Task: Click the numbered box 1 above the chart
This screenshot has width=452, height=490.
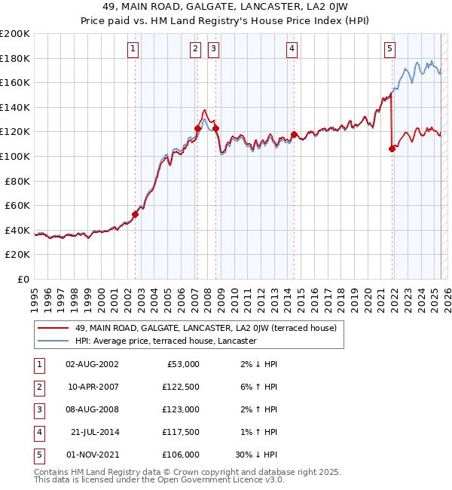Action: point(133,50)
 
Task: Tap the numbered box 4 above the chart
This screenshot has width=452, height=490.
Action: point(292,50)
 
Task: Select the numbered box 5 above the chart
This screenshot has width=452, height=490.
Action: point(389,50)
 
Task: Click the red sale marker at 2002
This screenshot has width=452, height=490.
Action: point(136,214)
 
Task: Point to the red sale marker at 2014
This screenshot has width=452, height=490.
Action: point(294,135)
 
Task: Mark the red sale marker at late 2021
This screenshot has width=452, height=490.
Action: point(392,149)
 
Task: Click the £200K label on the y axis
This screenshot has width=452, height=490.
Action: point(15,34)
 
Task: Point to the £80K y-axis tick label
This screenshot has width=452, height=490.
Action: point(17,181)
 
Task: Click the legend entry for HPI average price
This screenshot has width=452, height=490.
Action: point(165,341)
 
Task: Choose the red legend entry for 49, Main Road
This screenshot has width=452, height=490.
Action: point(210,328)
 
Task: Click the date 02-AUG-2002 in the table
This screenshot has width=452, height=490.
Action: point(93,364)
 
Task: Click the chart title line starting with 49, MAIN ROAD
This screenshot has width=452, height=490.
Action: point(225,9)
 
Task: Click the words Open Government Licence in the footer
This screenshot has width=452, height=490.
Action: point(220,480)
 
